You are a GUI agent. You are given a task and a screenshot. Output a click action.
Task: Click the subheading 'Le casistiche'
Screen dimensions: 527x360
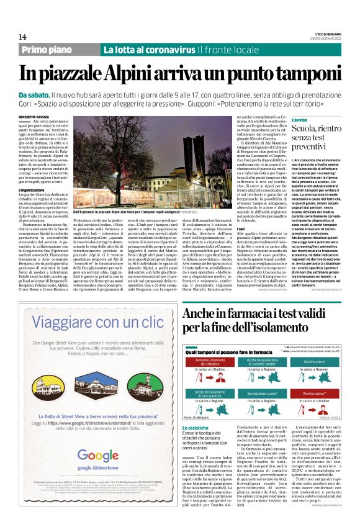[196, 428]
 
